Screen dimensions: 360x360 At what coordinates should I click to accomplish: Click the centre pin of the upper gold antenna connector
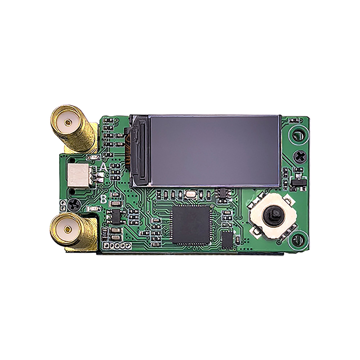[67, 122]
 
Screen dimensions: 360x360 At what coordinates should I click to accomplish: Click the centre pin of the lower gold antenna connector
[67, 229]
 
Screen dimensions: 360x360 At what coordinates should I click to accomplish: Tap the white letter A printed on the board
[103, 167]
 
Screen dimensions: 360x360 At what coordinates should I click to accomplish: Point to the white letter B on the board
[103, 199]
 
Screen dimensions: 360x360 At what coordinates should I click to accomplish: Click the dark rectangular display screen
[215, 151]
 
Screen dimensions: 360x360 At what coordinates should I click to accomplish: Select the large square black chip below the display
[191, 224]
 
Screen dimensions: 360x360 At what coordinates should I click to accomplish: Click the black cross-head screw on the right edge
[300, 157]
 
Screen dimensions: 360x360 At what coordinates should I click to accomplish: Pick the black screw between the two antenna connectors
[74, 205]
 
